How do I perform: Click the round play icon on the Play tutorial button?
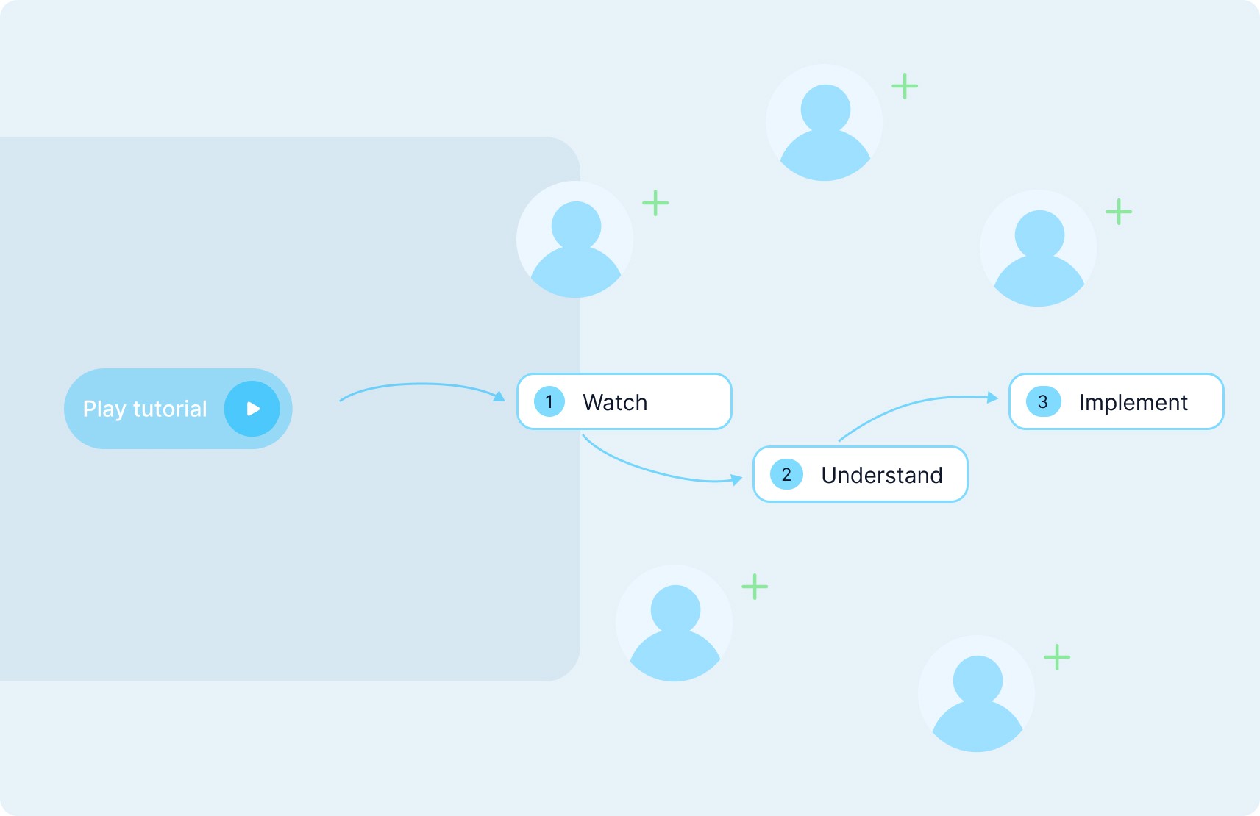pyautogui.click(x=252, y=409)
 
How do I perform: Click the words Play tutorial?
pyautogui.click(x=145, y=409)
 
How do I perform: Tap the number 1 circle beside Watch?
pyautogui.click(x=549, y=401)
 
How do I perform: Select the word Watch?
pyautogui.click(x=615, y=402)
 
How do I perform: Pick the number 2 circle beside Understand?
pyautogui.click(x=786, y=474)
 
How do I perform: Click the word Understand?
pyautogui.click(x=882, y=475)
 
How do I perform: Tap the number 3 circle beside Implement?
pyautogui.click(x=1042, y=401)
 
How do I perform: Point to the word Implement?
pyautogui.click(x=1133, y=402)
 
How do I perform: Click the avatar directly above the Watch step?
pyautogui.click(x=575, y=240)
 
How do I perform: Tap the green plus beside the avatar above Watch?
pyautogui.click(x=655, y=203)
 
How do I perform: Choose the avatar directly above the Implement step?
pyautogui.click(x=1039, y=248)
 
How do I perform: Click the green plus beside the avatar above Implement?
pyautogui.click(x=1119, y=212)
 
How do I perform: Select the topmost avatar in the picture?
pyautogui.click(x=825, y=123)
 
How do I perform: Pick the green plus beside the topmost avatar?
pyautogui.click(x=905, y=86)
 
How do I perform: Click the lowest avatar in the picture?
pyautogui.click(x=977, y=694)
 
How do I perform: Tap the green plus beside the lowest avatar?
pyautogui.click(x=1057, y=657)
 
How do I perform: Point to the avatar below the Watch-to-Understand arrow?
pyautogui.click(x=675, y=623)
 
